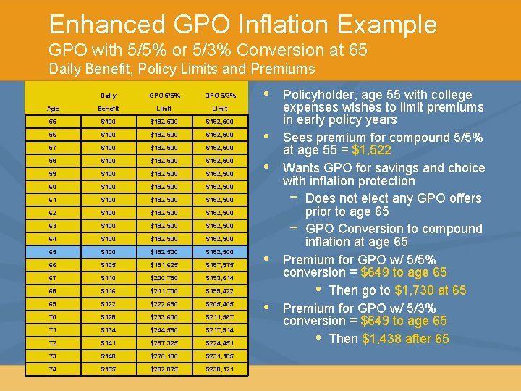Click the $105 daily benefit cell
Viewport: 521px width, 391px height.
pyautogui.click(x=109, y=265)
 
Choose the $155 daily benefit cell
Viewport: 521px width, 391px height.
pyautogui.click(x=109, y=369)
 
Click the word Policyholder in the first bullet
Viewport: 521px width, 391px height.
pyautogui.click(x=318, y=95)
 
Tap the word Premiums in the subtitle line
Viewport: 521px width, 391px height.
pyautogui.click(x=284, y=70)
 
